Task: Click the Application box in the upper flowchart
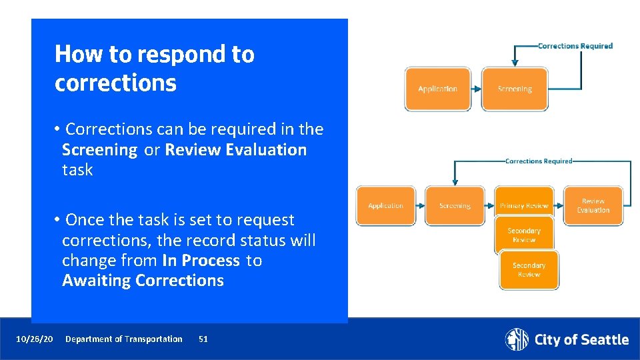(437, 89)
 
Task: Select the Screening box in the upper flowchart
(514, 89)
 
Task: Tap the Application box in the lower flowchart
(385, 206)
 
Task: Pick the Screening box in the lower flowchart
(455, 206)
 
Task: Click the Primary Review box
(524, 206)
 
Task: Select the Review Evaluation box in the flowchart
(593, 206)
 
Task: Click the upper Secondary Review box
(524, 235)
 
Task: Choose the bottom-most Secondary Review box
(529, 270)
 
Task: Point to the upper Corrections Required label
(575, 46)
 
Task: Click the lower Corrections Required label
(539, 161)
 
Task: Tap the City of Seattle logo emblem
(516, 339)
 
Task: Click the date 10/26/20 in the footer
(35, 339)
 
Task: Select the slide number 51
(203, 339)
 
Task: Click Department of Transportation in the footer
(123, 339)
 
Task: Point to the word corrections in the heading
(115, 83)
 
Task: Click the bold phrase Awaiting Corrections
(143, 281)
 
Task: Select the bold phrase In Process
(201, 261)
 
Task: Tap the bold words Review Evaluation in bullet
(236, 150)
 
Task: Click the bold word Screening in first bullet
(99, 150)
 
